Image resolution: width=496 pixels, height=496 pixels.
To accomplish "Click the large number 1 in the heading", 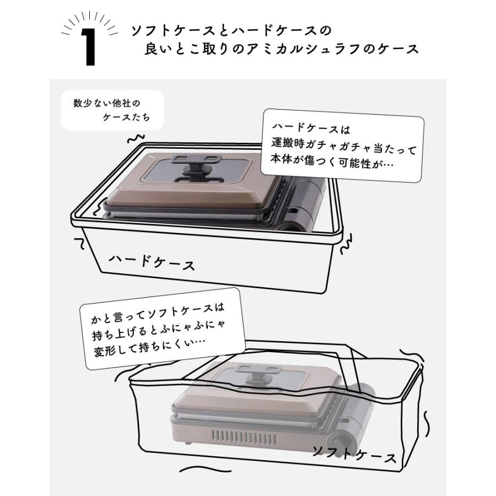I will pyautogui.click(x=88, y=47).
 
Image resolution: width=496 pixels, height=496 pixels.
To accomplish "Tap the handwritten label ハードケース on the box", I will pyautogui.click(x=152, y=262).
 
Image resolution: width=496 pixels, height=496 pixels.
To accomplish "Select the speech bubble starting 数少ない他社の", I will pyautogui.click(x=112, y=110).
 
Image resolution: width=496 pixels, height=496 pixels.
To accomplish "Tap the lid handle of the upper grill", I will pyautogui.click(x=194, y=165).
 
